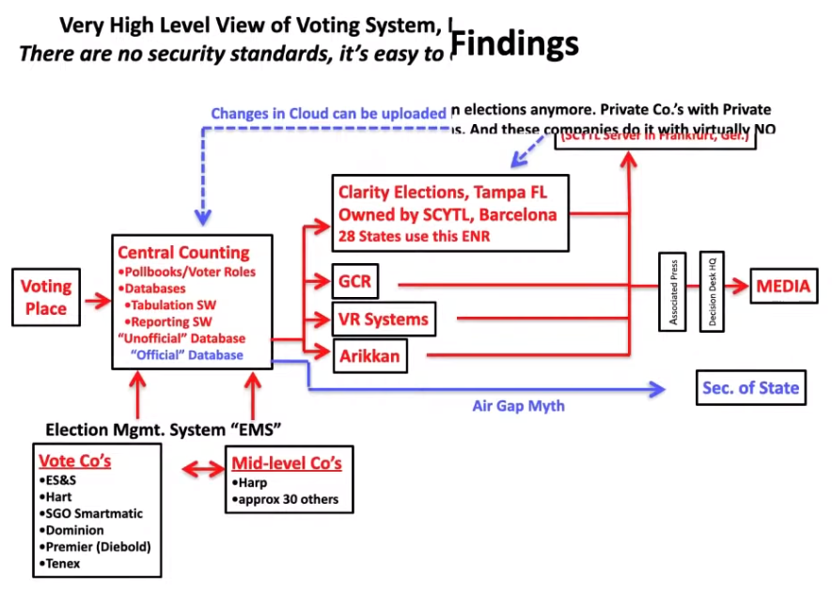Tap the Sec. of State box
[x=750, y=387]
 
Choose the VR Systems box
[x=385, y=319]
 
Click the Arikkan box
[x=370, y=355]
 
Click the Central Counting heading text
[x=183, y=252]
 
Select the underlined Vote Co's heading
[x=75, y=461]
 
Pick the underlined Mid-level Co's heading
[x=286, y=463]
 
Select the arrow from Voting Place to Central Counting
[x=96, y=301]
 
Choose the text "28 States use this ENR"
[x=415, y=235]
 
